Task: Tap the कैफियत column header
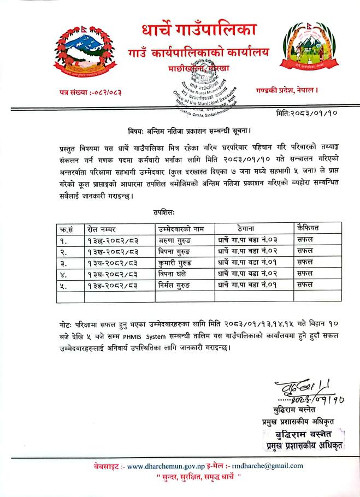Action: [309, 227]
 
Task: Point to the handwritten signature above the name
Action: [297, 392]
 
